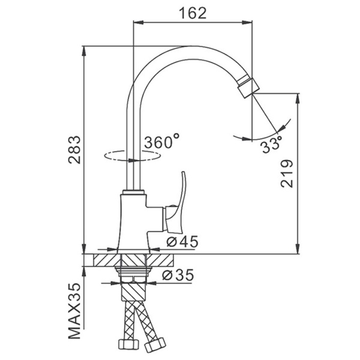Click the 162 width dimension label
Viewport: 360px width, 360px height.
(x=193, y=13)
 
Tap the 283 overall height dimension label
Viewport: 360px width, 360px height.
(x=74, y=149)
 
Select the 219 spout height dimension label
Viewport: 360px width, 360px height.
(x=287, y=173)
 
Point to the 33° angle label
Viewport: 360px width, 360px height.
(x=272, y=145)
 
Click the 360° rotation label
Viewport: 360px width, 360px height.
(x=161, y=141)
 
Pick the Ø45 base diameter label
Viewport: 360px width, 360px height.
(x=182, y=241)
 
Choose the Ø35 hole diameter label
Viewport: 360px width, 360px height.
(x=178, y=275)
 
